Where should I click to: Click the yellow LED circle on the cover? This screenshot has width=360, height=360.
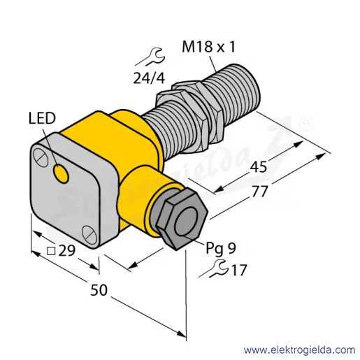pyautogui.click(x=61, y=173)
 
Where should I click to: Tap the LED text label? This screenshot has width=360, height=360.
pyautogui.click(x=42, y=118)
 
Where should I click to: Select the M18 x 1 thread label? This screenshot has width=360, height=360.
pyautogui.click(x=208, y=46)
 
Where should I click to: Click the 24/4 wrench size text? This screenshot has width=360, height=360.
pyautogui.click(x=149, y=78)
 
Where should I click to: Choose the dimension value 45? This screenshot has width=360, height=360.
pyautogui.click(x=258, y=167)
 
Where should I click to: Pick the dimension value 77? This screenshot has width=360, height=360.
pyautogui.click(x=260, y=192)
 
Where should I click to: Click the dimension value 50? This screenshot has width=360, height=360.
pyautogui.click(x=99, y=290)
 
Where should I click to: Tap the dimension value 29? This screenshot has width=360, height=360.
pyautogui.click(x=67, y=251)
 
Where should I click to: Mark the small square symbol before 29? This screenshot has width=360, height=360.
pyautogui.click(x=51, y=252)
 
